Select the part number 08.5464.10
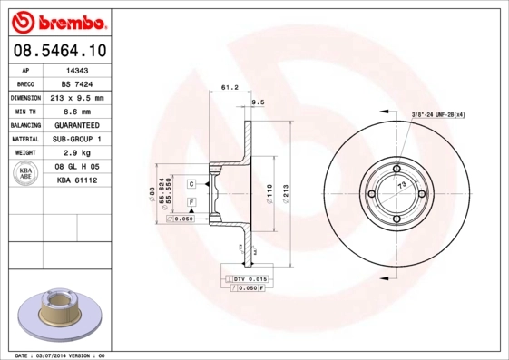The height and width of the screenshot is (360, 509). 58,51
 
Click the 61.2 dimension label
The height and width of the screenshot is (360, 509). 230,88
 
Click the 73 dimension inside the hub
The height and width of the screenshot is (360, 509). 400,185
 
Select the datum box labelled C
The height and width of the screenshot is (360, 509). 192,183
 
